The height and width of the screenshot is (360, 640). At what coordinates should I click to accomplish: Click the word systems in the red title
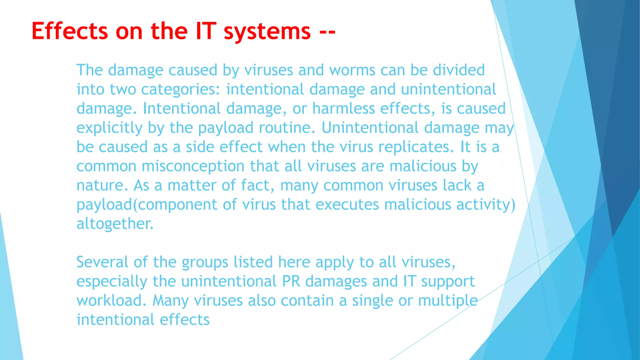click(267, 31)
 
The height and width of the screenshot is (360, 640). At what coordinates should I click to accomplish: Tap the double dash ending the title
click(327, 32)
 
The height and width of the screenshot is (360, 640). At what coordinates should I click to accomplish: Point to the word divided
click(459, 70)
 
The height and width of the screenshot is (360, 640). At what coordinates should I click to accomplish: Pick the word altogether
click(115, 224)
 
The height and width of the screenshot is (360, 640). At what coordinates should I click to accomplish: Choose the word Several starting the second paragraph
click(102, 262)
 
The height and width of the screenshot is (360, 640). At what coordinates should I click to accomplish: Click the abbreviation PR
click(291, 281)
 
